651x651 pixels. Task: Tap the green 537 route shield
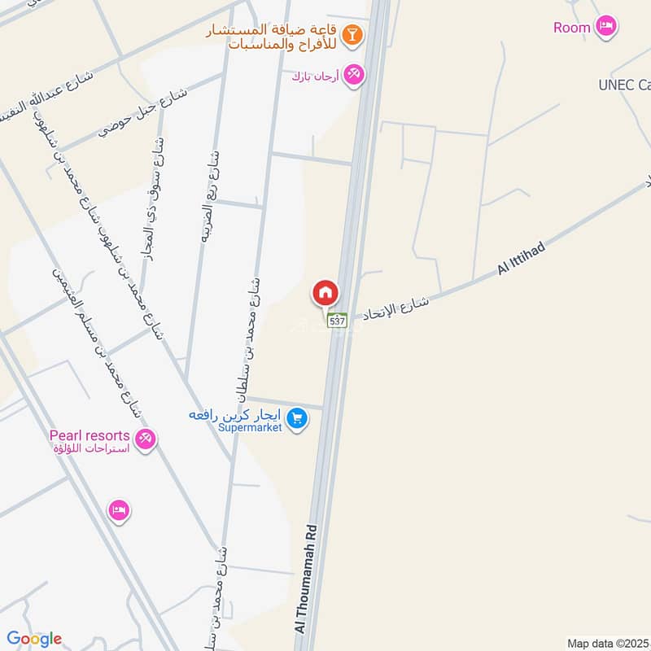click(338, 321)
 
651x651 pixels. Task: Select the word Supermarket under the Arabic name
click(249, 426)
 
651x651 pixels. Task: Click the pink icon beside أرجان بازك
click(354, 74)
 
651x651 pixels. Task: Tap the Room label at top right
click(571, 28)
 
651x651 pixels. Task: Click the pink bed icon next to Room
click(605, 27)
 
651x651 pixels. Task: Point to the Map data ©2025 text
click(608, 643)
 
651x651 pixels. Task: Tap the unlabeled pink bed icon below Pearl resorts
click(119, 511)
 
